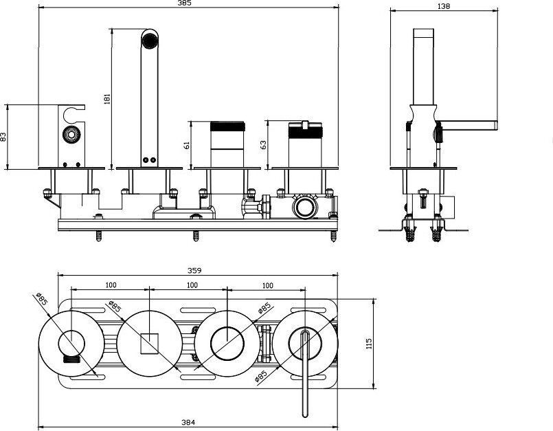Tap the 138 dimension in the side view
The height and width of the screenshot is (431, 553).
tap(444, 5)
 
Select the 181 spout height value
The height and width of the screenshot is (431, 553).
tap(106, 99)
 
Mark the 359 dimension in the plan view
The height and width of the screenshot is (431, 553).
tap(198, 270)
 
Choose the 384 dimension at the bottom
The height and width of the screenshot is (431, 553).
tap(188, 421)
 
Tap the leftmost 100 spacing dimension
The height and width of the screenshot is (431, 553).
tap(110, 285)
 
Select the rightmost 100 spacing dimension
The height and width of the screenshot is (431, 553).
tap(268, 285)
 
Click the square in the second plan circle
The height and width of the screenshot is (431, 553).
tap(150, 342)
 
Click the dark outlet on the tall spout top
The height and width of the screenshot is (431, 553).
tap(149, 40)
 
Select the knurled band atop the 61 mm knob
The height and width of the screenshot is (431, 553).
tap(227, 126)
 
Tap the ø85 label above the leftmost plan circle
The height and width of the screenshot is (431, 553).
tap(41, 300)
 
